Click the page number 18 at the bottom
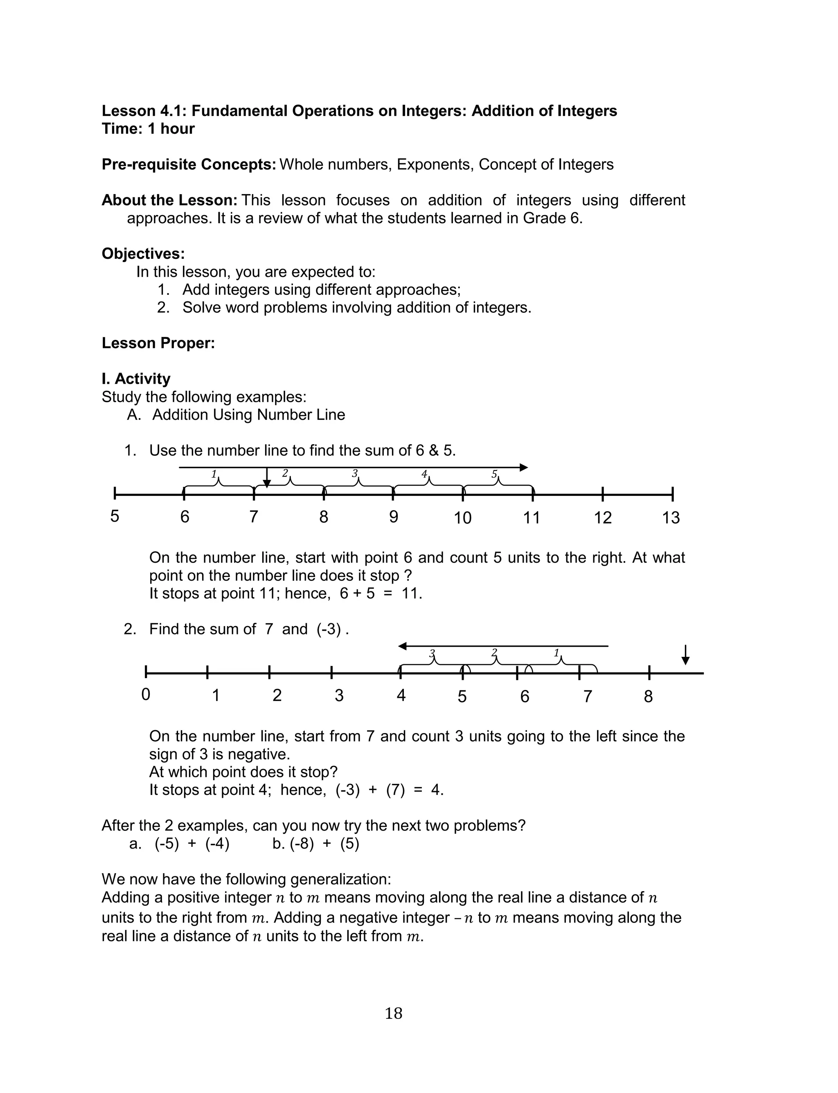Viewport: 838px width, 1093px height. tap(393, 1013)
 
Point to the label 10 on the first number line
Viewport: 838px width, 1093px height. tap(462, 518)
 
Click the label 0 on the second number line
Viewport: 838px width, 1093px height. tap(146, 694)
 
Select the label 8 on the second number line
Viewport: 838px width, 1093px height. tap(648, 696)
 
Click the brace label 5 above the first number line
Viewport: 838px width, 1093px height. tap(494, 474)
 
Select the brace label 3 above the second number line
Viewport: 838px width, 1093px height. tap(432, 653)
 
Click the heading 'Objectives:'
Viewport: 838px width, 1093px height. tap(143, 253)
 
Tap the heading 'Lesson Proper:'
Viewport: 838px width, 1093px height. tap(158, 343)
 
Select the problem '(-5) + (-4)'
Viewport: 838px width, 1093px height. tap(191, 844)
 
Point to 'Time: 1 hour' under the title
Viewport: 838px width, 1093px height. tap(148, 128)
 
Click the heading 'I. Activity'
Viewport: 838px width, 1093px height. tap(136, 378)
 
